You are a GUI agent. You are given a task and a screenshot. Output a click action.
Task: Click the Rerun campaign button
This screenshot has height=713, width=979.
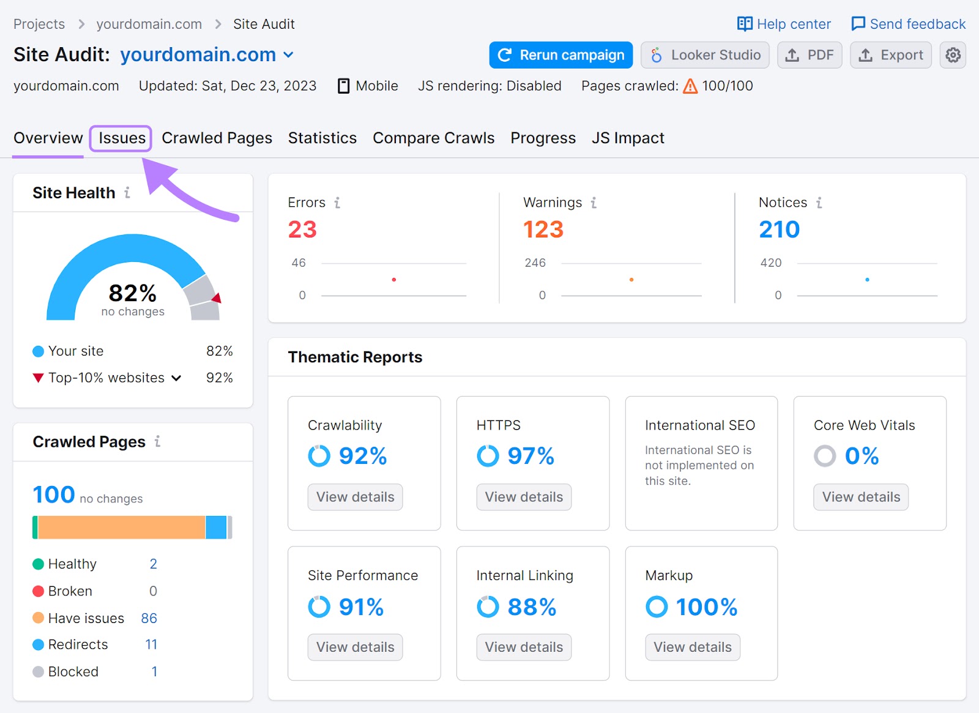pyautogui.click(x=560, y=55)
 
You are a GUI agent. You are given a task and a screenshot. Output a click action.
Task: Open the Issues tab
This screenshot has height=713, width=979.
pyautogui.click(x=122, y=138)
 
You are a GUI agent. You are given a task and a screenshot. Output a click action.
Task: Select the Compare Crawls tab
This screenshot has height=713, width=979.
pyautogui.click(x=433, y=138)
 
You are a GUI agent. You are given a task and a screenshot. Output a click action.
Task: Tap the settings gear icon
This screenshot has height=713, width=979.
pyautogui.click(x=953, y=55)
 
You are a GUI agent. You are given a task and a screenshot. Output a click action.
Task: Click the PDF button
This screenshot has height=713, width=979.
pyautogui.click(x=810, y=55)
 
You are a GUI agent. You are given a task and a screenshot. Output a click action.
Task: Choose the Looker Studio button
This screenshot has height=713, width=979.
pyautogui.click(x=705, y=55)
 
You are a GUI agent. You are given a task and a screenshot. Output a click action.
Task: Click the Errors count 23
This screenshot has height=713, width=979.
pyautogui.click(x=302, y=230)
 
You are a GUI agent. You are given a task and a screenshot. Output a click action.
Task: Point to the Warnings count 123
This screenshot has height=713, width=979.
pyautogui.click(x=543, y=230)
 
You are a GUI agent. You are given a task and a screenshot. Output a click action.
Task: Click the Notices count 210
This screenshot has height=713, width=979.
pyautogui.click(x=779, y=230)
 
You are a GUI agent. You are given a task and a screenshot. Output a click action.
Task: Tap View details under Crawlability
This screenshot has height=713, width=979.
pyautogui.click(x=355, y=497)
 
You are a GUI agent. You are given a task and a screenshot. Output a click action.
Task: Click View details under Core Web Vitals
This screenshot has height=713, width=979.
pyautogui.click(x=861, y=497)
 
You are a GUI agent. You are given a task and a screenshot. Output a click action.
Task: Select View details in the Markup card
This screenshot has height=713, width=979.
pyautogui.click(x=692, y=647)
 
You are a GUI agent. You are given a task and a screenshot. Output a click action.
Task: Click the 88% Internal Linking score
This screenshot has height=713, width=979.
pyautogui.click(x=531, y=607)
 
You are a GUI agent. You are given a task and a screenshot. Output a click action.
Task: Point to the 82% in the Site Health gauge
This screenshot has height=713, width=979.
pyautogui.click(x=133, y=293)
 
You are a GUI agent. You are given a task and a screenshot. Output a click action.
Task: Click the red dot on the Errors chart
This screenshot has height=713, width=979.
pyautogui.click(x=394, y=280)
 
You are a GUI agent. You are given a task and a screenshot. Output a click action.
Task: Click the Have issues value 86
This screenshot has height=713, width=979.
pyautogui.click(x=149, y=618)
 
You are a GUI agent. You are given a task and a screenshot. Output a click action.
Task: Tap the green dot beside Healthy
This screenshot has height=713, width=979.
pyautogui.click(x=38, y=564)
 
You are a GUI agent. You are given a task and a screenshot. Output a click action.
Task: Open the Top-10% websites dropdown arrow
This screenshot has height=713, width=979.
pyautogui.click(x=176, y=378)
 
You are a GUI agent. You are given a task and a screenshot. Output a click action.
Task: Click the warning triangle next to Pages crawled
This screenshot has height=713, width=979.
pyautogui.click(x=690, y=86)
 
